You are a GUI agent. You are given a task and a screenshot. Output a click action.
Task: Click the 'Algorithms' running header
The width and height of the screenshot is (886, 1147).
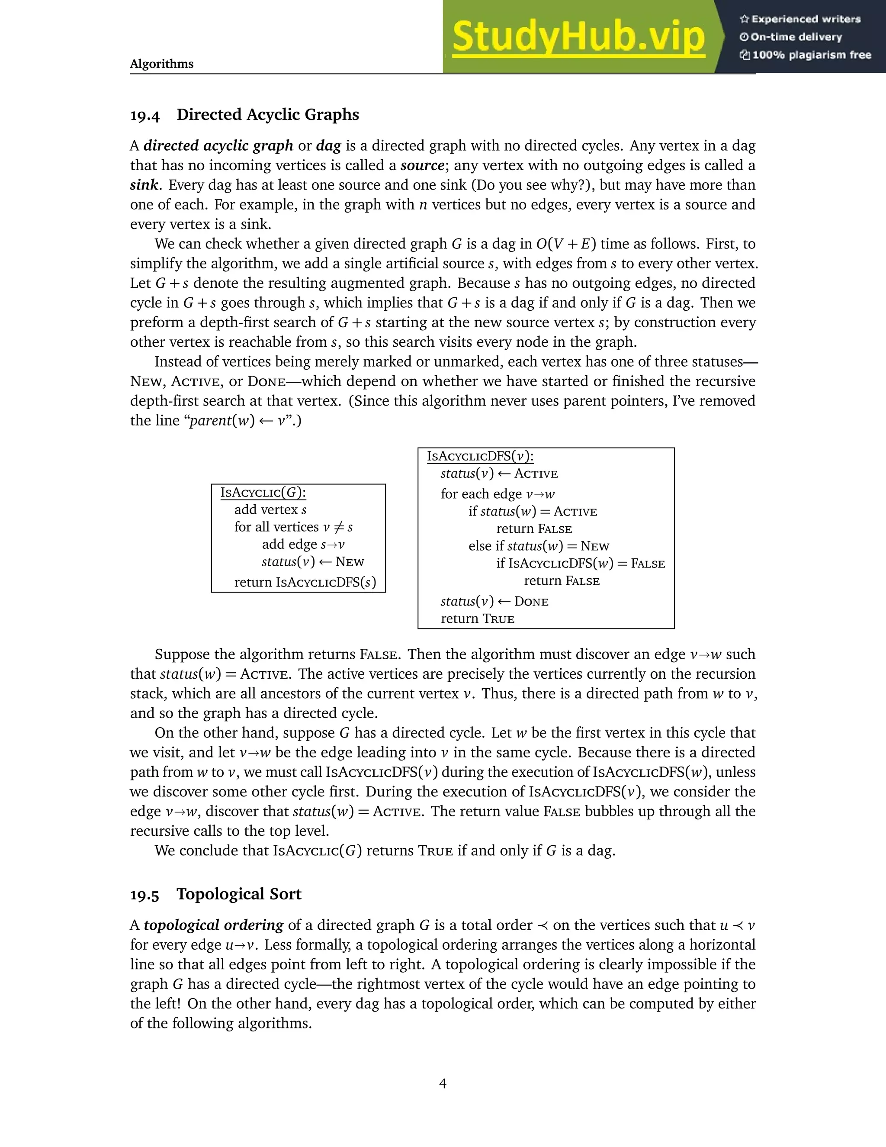(162, 64)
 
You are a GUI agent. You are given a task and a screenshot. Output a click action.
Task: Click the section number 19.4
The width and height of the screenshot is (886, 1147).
(145, 115)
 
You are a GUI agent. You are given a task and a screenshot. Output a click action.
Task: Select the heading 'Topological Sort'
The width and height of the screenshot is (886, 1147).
(239, 894)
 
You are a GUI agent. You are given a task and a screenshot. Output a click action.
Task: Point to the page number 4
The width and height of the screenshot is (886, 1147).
(443, 1083)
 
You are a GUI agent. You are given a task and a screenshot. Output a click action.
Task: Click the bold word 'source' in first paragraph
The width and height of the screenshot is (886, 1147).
(423, 165)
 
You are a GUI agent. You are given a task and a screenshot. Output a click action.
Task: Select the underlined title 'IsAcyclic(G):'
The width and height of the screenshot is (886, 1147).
(263, 493)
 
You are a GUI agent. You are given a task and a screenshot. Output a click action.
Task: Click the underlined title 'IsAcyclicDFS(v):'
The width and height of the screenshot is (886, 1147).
(480, 456)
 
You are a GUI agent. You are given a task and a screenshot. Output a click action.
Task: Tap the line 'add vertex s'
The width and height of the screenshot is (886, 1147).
(270, 510)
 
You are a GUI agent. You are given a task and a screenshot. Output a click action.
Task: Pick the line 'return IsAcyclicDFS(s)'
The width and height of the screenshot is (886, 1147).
(305, 583)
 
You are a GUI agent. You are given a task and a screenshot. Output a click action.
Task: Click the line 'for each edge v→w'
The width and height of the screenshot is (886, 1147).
(498, 494)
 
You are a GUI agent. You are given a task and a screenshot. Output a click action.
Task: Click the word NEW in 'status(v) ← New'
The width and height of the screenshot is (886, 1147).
(350, 562)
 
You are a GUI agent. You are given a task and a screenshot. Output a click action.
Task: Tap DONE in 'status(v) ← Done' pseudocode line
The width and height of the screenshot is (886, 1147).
(531, 602)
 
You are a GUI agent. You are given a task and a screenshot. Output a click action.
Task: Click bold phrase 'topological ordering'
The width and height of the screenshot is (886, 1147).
(214, 925)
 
